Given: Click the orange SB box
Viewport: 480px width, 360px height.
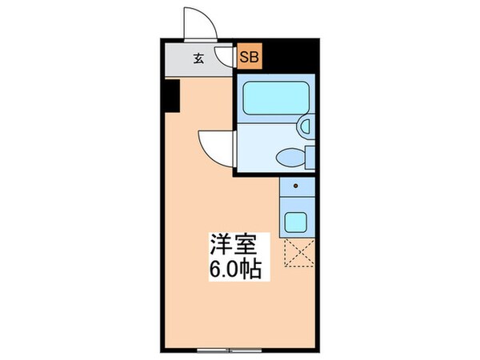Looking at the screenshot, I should click(x=249, y=57).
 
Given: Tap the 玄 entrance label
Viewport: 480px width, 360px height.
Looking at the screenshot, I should click(x=198, y=57).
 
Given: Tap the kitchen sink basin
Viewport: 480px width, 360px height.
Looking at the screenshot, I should click(x=297, y=222).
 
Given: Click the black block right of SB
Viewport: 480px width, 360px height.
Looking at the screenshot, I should click(x=288, y=55).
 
